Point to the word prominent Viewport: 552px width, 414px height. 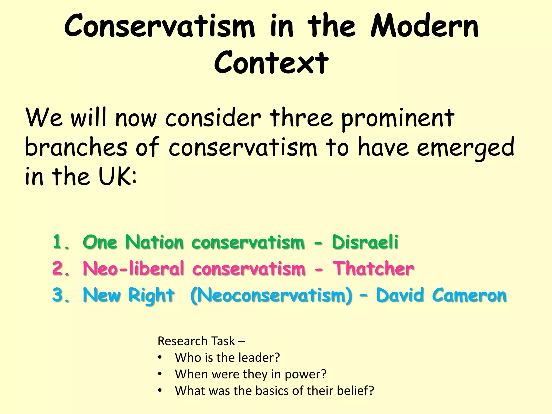(398, 119)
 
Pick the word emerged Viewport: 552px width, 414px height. (465, 148)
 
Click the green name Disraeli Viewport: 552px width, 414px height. (365, 242)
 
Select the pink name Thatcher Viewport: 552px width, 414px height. (373, 268)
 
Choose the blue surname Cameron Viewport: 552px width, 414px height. (469, 295)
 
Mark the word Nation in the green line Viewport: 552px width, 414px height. (154, 242)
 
